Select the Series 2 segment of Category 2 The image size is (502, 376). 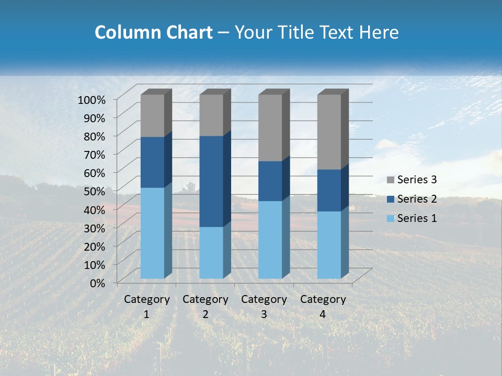[x=211, y=181]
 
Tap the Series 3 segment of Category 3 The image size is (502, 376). [x=270, y=128]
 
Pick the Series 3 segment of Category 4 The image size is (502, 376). [x=329, y=132]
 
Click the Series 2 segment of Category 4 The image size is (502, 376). [x=329, y=190]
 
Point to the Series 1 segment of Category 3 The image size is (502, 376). [x=270, y=239]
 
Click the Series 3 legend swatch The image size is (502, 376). [x=391, y=180]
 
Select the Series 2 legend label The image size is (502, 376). [x=417, y=199]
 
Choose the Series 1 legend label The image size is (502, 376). [x=417, y=218]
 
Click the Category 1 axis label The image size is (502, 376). [x=146, y=307]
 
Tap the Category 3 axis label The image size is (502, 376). [x=264, y=307]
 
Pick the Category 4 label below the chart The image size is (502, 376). [x=323, y=307]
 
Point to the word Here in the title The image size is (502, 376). [x=378, y=32]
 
